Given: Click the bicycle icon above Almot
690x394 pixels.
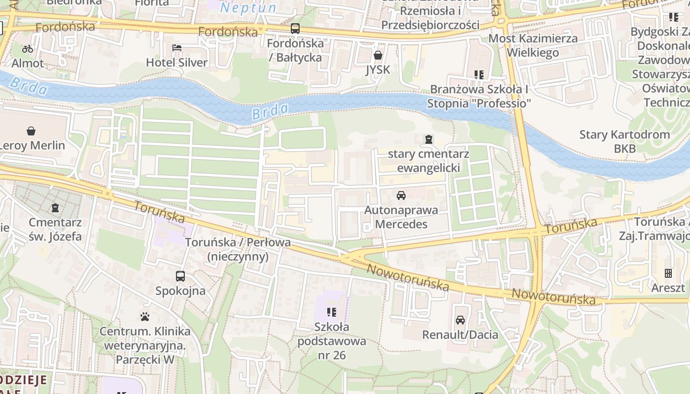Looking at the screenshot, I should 28,48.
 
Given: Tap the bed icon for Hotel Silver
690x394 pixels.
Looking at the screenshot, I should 177,48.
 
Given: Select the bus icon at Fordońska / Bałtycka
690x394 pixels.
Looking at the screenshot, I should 295,29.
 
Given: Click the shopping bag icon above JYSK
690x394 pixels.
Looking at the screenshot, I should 378,55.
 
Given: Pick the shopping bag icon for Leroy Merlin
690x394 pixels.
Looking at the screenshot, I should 31,131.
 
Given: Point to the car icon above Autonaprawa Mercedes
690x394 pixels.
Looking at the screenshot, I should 401,196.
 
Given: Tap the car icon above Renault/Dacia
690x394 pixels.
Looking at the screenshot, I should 460,320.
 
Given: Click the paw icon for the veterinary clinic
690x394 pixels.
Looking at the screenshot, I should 145,317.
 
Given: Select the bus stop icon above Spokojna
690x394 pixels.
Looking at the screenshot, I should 180,276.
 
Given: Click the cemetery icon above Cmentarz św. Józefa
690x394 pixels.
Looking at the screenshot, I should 55,208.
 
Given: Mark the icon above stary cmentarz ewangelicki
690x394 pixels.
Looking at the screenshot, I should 428,139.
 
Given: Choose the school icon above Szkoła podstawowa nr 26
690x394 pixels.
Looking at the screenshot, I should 331,312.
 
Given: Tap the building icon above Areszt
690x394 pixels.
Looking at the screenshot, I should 668,273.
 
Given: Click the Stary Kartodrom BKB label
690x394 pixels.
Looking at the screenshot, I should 624,141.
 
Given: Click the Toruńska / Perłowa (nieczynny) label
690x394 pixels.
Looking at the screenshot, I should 238,250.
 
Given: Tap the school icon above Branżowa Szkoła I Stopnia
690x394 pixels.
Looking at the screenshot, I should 479,75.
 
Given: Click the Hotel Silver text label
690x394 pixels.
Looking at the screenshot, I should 177,63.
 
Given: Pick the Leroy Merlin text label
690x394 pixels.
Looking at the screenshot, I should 34,145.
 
